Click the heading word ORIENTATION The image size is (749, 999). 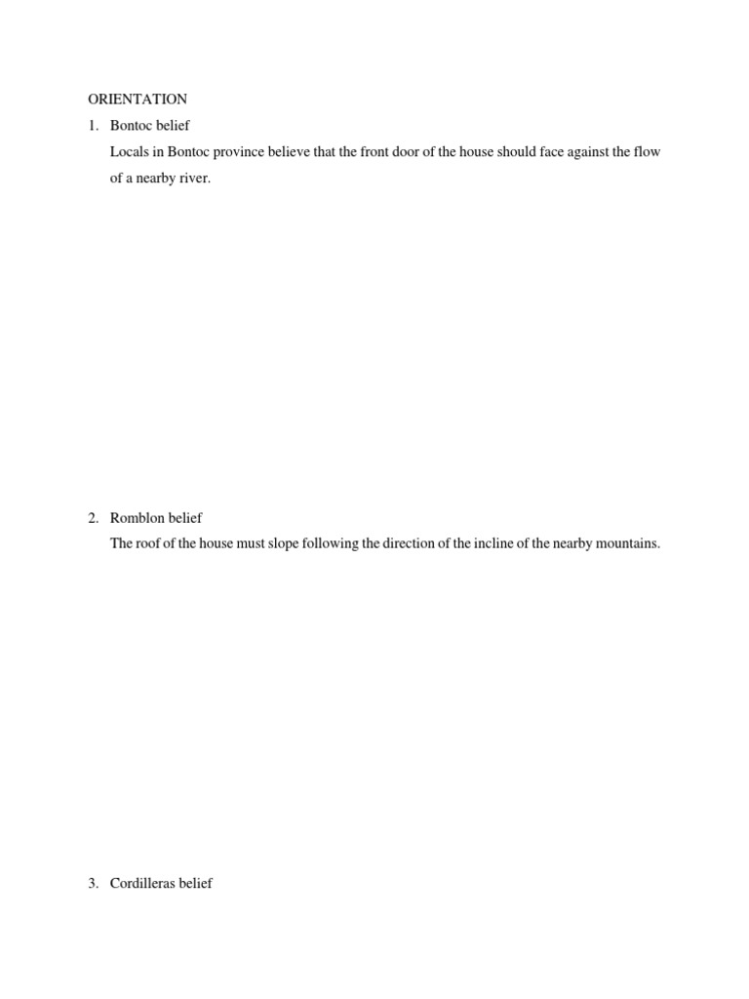tap(138, 100)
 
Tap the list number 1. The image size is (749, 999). tap(92, 126)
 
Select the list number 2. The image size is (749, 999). tap(92, 518)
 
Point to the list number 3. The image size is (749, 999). tap(92, 884)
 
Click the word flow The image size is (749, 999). tap(648, 152)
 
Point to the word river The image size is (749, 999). tap(194, 179)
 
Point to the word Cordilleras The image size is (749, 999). tap(144, 884)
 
